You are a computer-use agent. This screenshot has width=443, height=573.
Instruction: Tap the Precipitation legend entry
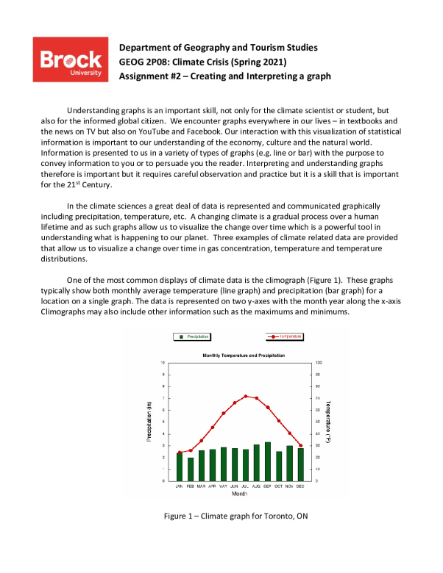coord(191,336)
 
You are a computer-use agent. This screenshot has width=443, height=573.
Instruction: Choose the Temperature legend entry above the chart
coord(284,336)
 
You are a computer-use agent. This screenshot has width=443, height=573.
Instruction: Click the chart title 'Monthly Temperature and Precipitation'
coord(243,356)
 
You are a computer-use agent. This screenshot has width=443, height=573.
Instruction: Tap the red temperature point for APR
coord(213,427)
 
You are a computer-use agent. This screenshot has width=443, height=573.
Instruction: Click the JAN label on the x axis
coord(179,486)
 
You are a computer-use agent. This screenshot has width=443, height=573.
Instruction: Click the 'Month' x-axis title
coord(239,494)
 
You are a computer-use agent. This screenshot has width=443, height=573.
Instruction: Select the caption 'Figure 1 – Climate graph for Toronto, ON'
coord(235,516)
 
